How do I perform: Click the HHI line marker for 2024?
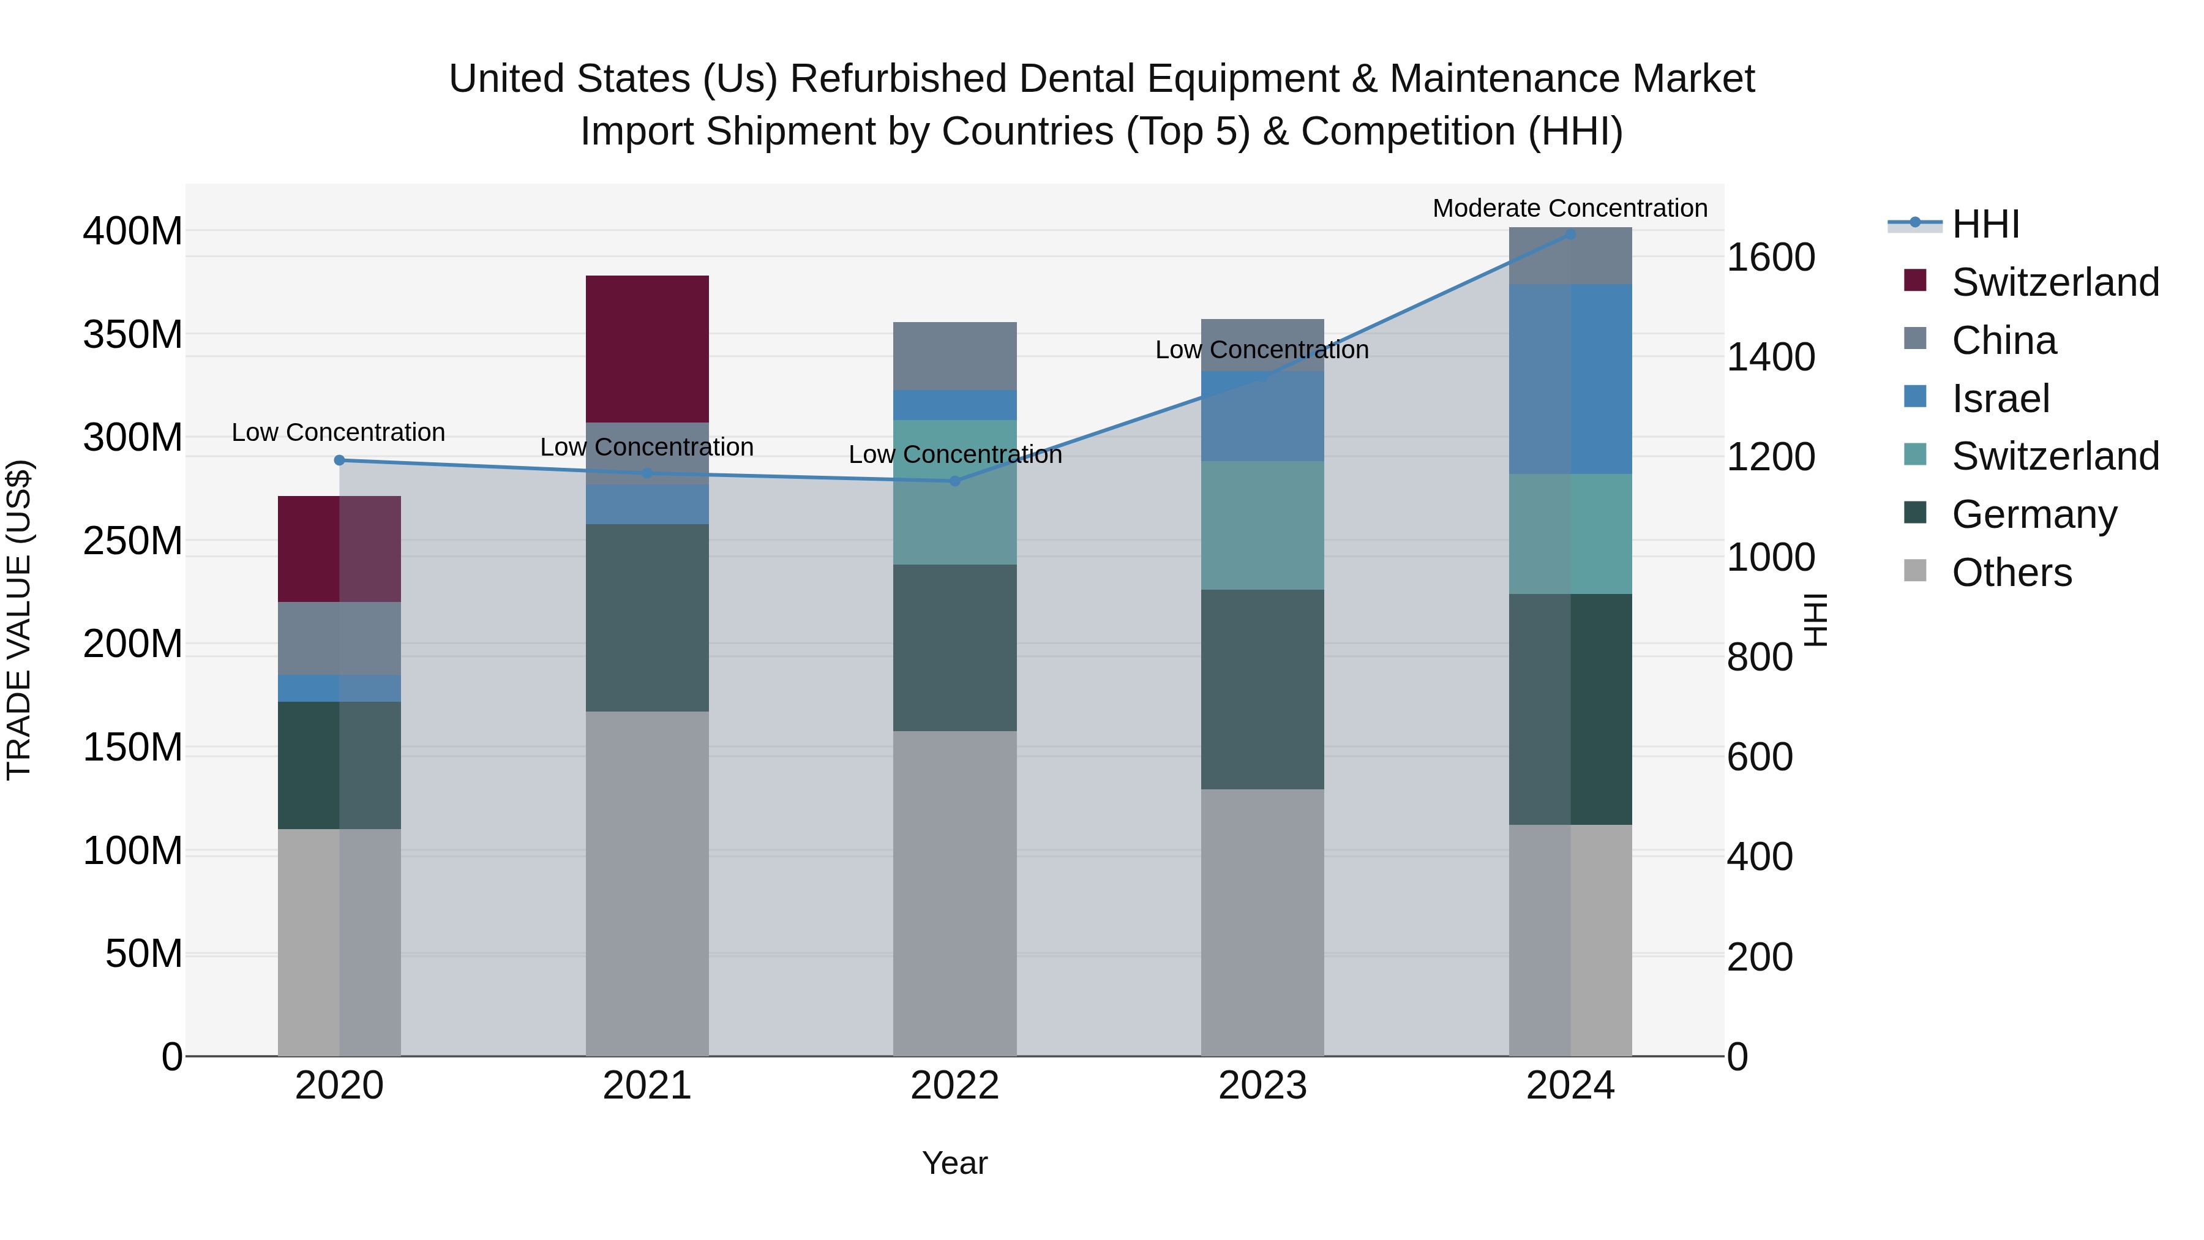pyautogui.click(x=1570, y=234)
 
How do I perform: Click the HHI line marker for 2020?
pyautogui.click(x=339, y=460)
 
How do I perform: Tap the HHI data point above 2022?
pyautogui.click(x=955, y=481)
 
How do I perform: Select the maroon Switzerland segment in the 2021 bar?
pyautogui.click(x=647, y=348)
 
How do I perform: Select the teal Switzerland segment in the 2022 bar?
pyautogui.click(x=955, y=492)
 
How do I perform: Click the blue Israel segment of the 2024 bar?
pyautogui.click(x=1570, y=378)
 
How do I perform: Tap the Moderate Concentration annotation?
pyautogui.click(x=1569, y=208)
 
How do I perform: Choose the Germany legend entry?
pyautogui.click(x=2034, y=514)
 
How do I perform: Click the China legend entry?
pyautogui.click(x=2003, y=340)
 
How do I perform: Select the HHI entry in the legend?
pyautogui.click(x=1985, y=224)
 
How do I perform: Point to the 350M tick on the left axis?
pyautogui.click(x=133, y=334)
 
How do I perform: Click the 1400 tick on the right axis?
pyautogui.click(x=1769, y=357)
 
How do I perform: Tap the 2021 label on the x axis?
pyautogui.click(x=647, y=1086)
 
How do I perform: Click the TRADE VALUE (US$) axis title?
pyautogui.click(x=19, y=620)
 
